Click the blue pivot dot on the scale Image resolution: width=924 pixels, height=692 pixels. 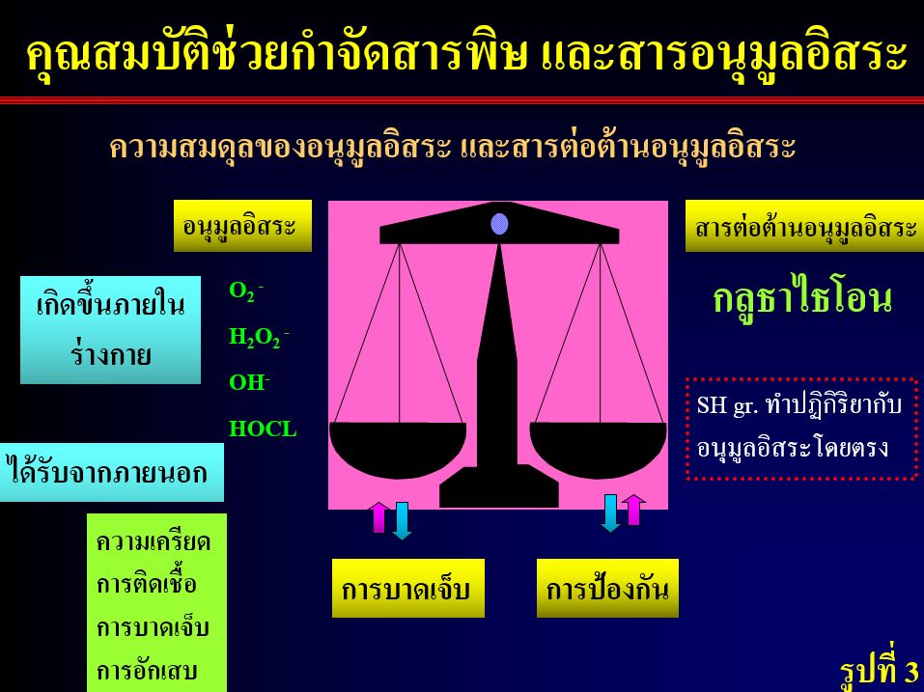pos(500,224)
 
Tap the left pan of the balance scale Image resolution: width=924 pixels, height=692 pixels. pos(398,449)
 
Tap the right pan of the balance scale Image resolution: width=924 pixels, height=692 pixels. pos(598,449)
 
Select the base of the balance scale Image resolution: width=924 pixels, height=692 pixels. pos(499,486)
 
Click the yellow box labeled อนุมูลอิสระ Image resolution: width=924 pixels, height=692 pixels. pos(242,226)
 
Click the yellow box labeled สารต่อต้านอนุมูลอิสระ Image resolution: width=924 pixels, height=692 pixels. pos(804,226)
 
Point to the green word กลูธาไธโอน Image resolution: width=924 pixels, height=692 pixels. pos(802,299)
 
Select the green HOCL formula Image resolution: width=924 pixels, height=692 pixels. pos(263,429)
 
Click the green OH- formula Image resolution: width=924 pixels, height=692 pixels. pos(249,382)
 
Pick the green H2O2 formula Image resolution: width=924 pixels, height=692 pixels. pos(259,338)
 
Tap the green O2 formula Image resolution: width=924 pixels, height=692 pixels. pos(246,291)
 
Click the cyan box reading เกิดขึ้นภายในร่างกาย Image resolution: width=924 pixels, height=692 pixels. pos(110,330)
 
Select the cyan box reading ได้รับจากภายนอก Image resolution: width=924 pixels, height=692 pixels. pos(111,472)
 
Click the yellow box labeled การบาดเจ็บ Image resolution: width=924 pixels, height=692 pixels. pos(408,589)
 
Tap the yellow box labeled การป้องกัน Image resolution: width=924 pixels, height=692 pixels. pos(607,589)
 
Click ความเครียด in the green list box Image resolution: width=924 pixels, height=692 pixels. pos(154,542)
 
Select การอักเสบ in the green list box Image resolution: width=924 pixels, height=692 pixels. pos(147,671)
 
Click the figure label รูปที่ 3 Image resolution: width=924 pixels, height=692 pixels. pos(880,670)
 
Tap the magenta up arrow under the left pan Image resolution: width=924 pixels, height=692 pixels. pos(379,517)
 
